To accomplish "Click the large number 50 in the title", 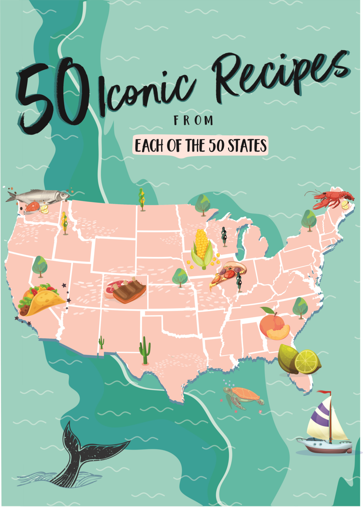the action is pyautogui.click(x=53, y=96).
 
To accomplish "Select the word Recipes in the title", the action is pyautogui.click(x=280, y=74).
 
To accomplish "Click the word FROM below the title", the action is pyautogui.click(x=194, y=121).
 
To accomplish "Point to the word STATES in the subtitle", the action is pyautogui.click(x=247, y=146).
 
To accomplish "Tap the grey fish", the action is pyautogui.click(x=40, y=196).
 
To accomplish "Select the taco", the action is pyautogui.click(x=41, y=299).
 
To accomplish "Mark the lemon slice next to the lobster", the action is pyautogui.click(x=345, y=205).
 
